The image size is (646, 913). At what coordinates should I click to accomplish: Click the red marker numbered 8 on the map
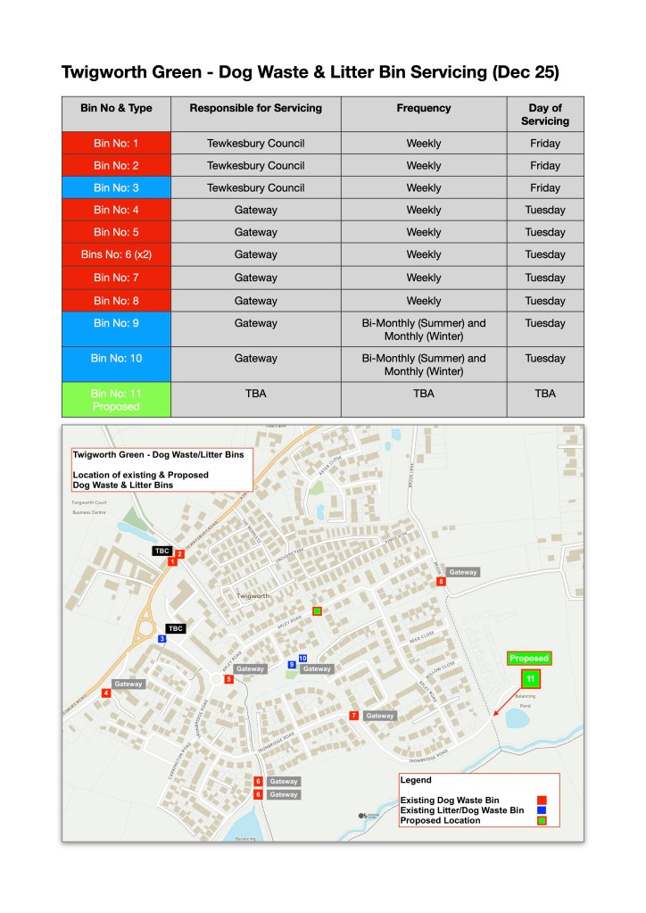(x=441, y=582)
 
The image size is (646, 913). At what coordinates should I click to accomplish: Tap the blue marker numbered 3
(x=162, y=639)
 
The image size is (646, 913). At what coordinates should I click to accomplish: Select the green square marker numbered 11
(x=531, y=679)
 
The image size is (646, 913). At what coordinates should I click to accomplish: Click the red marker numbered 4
(x=106, y=693)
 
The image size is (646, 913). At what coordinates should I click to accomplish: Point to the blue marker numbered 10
(x=303, y=658)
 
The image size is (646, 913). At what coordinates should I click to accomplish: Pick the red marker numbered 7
(x=354, y=716)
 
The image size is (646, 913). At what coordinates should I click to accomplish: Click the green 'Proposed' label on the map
(x=528, y=659)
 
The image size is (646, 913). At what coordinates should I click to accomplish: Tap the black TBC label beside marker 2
(x=162, y=551)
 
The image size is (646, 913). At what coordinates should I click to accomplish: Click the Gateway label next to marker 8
(x=463, y=572)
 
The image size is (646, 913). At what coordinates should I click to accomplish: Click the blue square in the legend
(x=541, y=810)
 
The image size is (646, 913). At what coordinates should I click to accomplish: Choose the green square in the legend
(x=541, y=820)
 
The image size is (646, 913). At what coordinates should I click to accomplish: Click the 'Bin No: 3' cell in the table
(x=116, y=187)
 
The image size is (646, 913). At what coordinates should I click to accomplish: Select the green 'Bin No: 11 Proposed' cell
(x=116, y=399)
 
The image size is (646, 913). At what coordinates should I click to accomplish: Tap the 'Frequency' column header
(x=424, y=108)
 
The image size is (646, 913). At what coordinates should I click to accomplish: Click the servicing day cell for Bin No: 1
(x=545, y=143)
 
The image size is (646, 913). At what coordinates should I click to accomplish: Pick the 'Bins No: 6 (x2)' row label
(x=116, y=254)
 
